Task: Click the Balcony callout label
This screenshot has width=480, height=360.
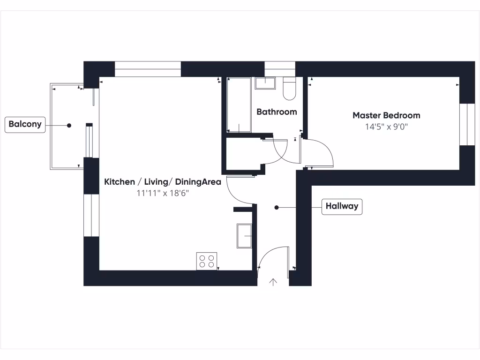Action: pos(25,125)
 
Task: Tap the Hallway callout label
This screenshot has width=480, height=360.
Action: pos(342,206)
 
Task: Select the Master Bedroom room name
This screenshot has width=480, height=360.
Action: pos(386,115)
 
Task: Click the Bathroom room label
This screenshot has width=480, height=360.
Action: pos(277,112)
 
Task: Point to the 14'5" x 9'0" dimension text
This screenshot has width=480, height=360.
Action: pos(386,127)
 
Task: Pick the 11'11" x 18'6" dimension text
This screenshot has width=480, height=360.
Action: pos(163,193)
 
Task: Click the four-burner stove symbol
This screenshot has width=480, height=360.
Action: pos(207,261)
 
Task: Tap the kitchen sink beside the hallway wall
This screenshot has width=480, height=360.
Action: pos(245,235)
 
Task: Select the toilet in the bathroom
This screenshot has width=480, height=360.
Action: pos(289,89)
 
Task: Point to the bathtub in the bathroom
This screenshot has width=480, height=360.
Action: pos(239,105)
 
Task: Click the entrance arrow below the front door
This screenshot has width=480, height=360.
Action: pos(273,282)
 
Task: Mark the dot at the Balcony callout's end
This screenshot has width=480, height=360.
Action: pos(69,125)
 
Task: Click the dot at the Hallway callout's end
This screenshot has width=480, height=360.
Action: pos(277,207)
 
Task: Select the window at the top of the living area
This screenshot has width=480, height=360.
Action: pos(148,69)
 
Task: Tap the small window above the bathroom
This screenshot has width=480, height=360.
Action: pos(280,69)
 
